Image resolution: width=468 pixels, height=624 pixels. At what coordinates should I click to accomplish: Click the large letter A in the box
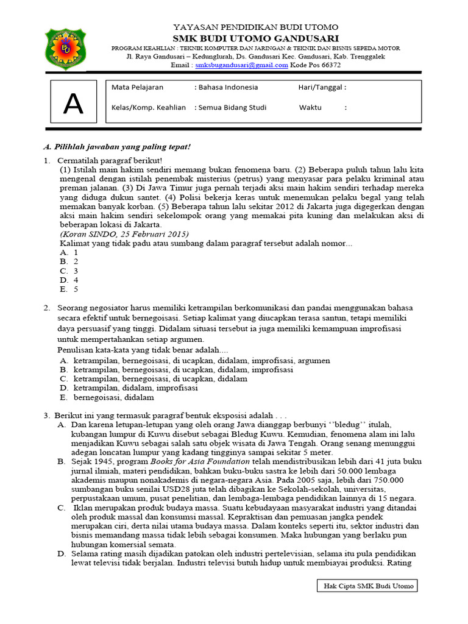tap(73, 104)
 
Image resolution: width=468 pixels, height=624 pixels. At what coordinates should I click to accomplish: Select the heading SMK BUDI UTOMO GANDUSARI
tap(256, 38)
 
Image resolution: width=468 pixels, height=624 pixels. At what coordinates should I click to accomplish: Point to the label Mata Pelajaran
tap(137, 87)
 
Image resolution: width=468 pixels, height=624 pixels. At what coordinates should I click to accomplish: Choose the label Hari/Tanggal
tap(321, 87)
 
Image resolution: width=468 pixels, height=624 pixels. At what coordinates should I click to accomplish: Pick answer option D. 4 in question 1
tap(68, 280)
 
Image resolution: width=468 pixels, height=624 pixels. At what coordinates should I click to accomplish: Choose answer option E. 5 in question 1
tap(68, 289)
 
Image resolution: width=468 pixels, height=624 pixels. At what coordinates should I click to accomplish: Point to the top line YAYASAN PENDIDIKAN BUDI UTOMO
tap(256, 27)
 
